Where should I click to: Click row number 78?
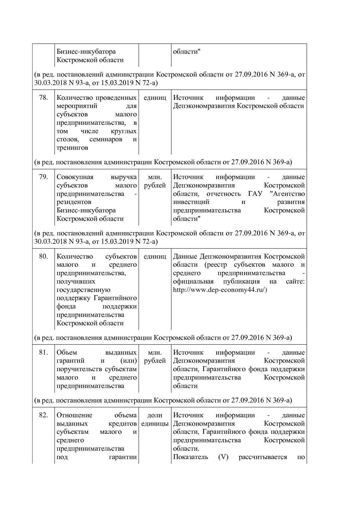click(x=43, y=98)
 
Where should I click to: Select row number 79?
click(x=43, y=177)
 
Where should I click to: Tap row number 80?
click(x=43, y=256)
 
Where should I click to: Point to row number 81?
click(x=43, y=352)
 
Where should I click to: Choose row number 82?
click(x=43, y=415)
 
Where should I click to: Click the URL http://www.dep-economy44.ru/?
click(x=220, y=290)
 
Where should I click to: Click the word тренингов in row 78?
click(x=72, y=148)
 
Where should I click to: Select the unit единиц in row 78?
click(x=155, y=98)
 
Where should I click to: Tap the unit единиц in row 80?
click(x=155, y=256)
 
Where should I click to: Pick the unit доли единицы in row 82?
click(x=155, y=419)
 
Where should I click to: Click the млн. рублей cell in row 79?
click(x=155, y=181)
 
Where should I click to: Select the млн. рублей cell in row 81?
click(x=155, y=356)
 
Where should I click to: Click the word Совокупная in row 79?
click(x=75, y=177)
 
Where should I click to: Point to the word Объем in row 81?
click(x=67, y=352)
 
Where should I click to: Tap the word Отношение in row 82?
click(x=74, y=415)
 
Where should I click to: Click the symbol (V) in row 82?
click(x=223, y=457)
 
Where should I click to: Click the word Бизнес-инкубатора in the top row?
click(x=86, y=51)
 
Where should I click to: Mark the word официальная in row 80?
click(x=193, y=281)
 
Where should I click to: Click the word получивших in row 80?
click(x=76, y=281)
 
